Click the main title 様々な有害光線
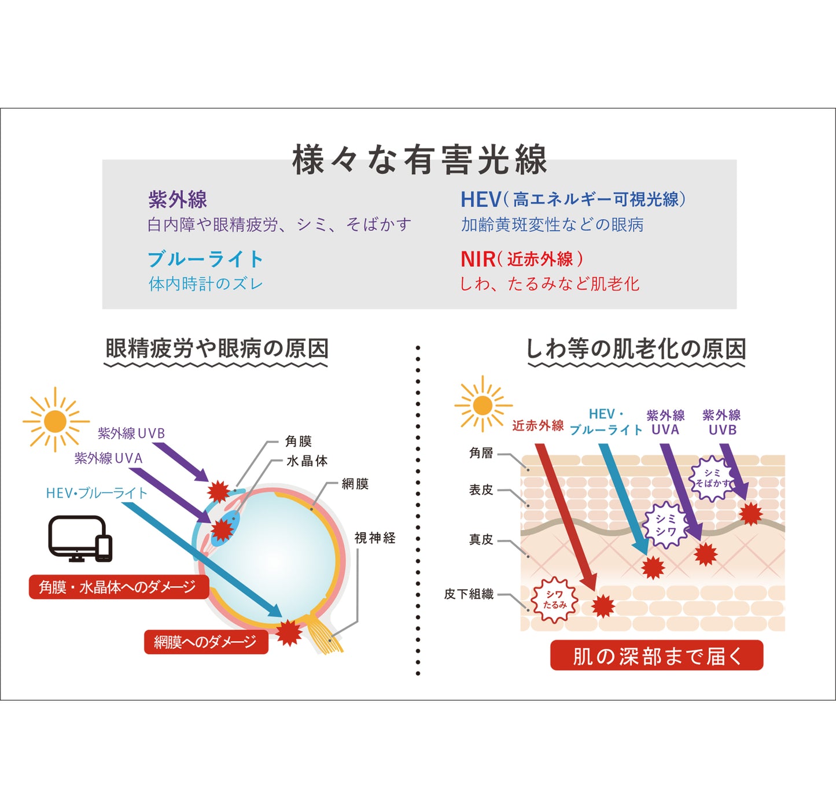coord(419,160)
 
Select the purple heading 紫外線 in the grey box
coord(178,200)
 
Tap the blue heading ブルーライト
coord(205,259)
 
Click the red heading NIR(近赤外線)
coord(521,259)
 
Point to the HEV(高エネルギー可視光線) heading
coord(573,200)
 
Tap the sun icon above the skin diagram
coord(483,405)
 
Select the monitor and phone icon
coord(80,539)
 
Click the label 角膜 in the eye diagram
coord(299,442)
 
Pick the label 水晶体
coord(307,461)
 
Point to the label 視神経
coord(375,538)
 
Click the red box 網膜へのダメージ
coord(205,642)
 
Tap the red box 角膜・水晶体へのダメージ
coord(117,587)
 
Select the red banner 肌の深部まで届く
coord(656,656)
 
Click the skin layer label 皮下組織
coord(469,594)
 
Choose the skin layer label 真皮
coord(481,540)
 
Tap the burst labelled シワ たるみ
coord(554,600)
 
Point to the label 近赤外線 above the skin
coord(537,426)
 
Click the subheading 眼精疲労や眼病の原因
coord(217,349)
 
